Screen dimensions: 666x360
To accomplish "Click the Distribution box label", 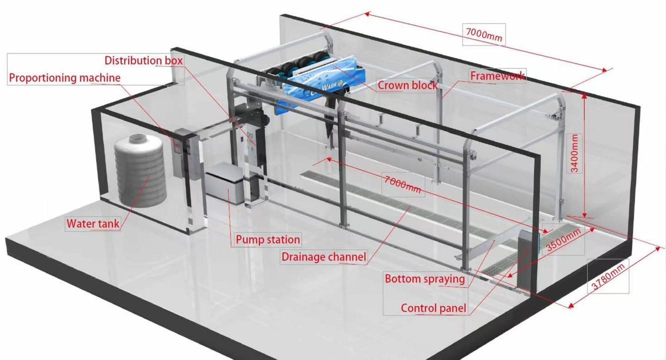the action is [x=143, y=60].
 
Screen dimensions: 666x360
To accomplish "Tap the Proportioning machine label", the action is [x=65, y=78].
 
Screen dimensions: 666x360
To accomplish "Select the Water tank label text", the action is [x=93, y=223].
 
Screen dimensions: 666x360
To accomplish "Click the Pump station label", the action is [x=268, y=239].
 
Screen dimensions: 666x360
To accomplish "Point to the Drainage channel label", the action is [x=324, y=257].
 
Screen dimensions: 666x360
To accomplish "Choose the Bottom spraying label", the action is [x=425, y=279].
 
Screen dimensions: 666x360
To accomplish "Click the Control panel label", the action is [x=434, y=308].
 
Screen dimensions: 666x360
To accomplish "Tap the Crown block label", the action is [x=408, y=85].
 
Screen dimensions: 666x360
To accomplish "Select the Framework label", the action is [x=498, y=76].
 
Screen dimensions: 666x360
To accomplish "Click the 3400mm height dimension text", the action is [x=575, y=153].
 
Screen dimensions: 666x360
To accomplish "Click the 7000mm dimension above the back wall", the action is [x=484, y=35].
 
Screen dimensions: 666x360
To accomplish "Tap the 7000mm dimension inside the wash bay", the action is [x=403, y=185].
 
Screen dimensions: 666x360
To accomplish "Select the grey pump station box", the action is [x=225, y=182].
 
